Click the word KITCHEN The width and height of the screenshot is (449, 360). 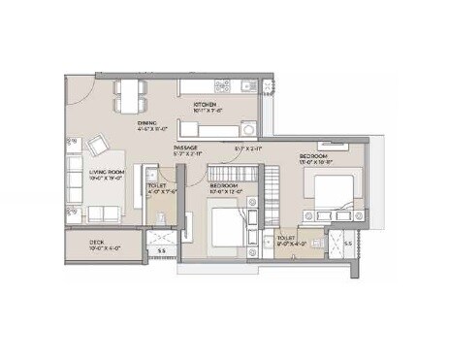click(205, 104)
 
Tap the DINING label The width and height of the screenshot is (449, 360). click(147, 123)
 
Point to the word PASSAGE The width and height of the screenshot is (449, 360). click(186, 147)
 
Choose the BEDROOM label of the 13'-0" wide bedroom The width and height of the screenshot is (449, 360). click(312, 156)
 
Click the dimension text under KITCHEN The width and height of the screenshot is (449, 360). click(208, 110)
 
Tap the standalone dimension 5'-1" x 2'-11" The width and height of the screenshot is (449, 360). click(247, 148)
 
